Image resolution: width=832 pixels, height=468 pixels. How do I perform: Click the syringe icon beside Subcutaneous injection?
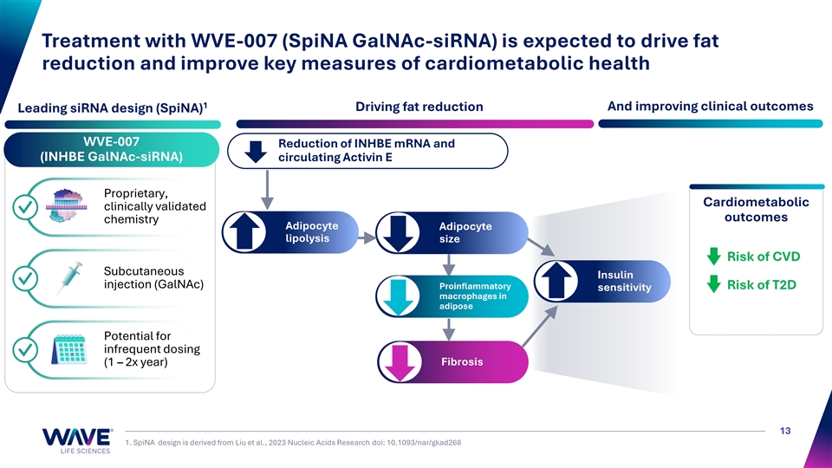point(70,277)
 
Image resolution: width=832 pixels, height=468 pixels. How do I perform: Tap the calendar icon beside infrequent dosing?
point(69,349)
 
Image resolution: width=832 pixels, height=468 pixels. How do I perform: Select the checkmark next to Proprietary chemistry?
point(25,207)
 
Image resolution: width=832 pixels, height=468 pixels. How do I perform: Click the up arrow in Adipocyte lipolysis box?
point(244,232)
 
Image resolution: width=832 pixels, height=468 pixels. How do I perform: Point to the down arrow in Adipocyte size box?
point(398,232)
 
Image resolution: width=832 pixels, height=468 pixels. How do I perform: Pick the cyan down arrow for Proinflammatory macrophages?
point(398,296)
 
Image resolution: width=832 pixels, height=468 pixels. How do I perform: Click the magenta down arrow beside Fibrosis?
point(400,362)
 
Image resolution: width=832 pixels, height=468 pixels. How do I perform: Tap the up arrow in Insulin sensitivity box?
point(556,281)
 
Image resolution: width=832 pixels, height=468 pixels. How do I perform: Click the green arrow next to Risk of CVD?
point(713,257)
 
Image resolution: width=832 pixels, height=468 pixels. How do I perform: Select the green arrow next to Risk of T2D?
point(713,284)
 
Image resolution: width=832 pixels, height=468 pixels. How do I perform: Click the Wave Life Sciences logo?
point(77,440)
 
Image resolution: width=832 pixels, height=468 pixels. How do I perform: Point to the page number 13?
point(785,431)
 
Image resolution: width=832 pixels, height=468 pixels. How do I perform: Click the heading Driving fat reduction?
point(419,107)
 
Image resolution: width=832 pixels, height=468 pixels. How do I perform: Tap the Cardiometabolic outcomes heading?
point(756,210)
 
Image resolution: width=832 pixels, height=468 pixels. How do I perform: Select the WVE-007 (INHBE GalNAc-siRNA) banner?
point(112,149)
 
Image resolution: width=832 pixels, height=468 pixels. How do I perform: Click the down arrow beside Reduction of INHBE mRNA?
point(256,151)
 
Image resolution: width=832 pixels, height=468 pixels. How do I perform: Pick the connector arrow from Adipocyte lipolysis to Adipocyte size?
point(366,238)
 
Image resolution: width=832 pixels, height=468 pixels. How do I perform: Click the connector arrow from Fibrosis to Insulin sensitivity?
point(540,327)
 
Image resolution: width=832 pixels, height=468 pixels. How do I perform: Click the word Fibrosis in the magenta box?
point(462,362)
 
